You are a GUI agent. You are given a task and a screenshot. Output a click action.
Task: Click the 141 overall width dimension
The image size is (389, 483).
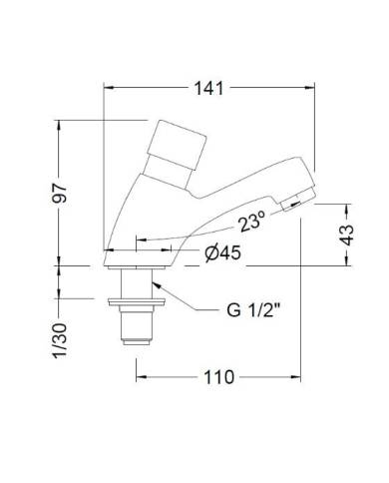tap(209, 89)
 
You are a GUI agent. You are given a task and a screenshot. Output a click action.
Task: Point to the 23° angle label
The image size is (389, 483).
tap(250, 222)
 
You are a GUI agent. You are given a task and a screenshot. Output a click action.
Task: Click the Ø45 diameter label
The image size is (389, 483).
tap(222, 253)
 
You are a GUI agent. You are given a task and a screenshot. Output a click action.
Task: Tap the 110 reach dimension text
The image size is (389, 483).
tap(219, 377)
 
